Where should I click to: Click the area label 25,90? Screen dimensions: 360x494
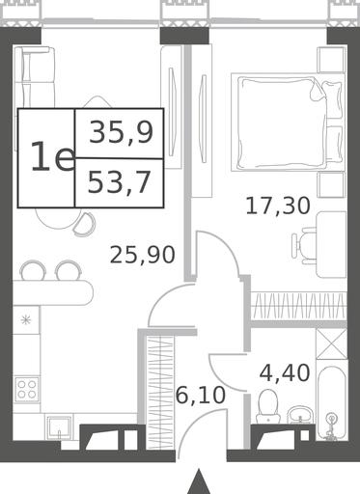[x=143, y=255]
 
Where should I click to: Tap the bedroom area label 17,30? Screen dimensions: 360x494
[x=278, y=206]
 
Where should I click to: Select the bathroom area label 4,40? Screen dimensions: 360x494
[x=285, y=373]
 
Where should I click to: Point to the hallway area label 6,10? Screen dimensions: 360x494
[x=201, y=396]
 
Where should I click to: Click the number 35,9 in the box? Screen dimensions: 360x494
[x=121, y=133]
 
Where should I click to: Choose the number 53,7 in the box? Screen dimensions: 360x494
[x=119, y=182]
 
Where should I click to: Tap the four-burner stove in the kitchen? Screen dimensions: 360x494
[x=27, y=389]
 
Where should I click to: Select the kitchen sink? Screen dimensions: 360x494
[x=59, y=427]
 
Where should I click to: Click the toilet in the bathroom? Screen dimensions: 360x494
[x=268, y=406]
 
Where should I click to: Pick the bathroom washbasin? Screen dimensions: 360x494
[x=301, y=415]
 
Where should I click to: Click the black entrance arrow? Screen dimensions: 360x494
[x=200, y=481]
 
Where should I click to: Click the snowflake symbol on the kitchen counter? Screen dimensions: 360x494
[x=25, y=320]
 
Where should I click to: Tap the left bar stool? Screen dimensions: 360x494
[x=32, y=269]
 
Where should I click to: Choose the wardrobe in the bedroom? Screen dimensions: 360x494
[x=298, y=306]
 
